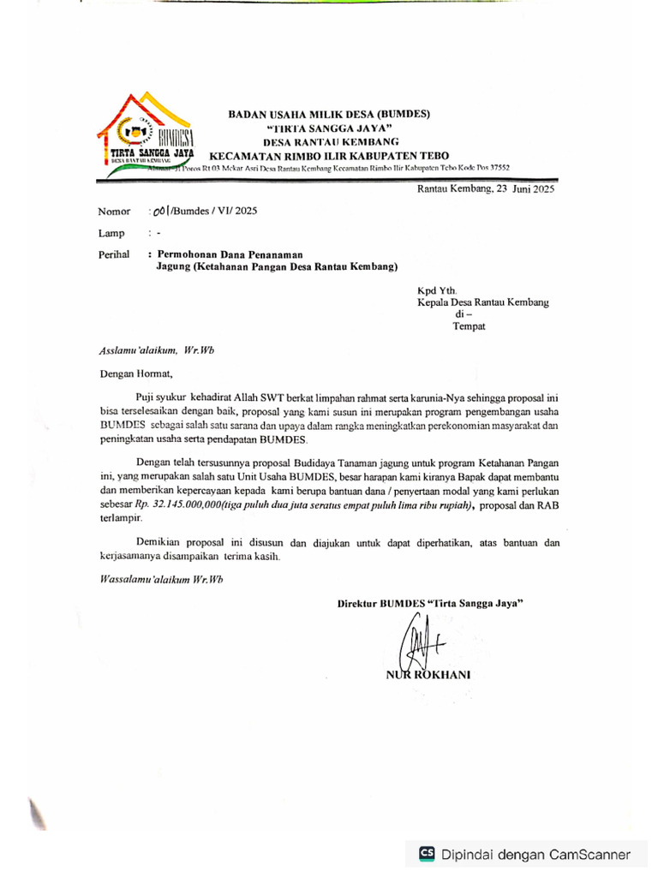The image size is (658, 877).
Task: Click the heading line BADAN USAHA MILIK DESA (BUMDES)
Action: coord(328,113)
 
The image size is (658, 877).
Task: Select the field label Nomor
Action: coord(113,211)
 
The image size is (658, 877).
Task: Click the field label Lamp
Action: coord(111,233)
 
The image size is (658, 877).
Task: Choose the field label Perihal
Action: coord(113,254)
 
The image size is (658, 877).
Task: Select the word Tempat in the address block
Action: coord(469,326)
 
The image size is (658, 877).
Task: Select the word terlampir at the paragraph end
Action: coord(121,519)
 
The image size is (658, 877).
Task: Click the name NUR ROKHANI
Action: coord(428,674)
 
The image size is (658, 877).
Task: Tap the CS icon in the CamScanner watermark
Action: coord(426,853)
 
